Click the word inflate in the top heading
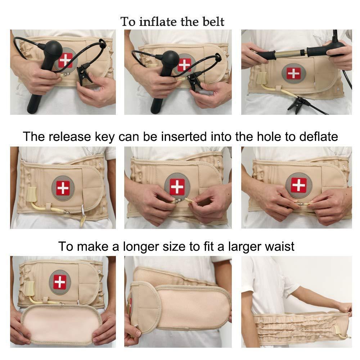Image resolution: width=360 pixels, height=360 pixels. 159,22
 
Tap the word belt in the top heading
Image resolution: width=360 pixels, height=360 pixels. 212,22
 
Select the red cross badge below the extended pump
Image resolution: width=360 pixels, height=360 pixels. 293,73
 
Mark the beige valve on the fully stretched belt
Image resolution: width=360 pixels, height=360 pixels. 338,330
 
